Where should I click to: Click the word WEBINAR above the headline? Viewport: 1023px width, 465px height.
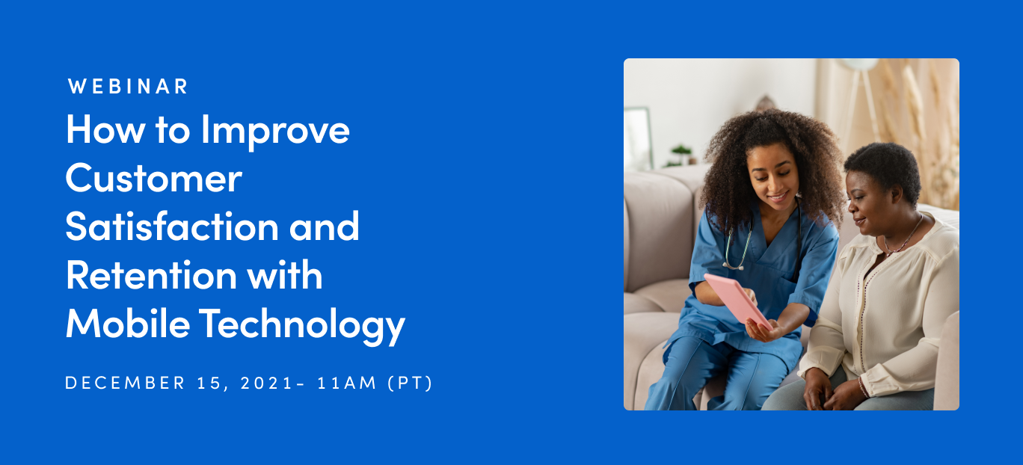[x=128, y=86]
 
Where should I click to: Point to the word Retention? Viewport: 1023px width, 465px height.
[x=151, y=274]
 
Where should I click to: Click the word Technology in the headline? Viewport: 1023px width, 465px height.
[x=302, y=325]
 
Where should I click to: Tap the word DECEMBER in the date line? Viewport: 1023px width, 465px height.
[x=125, y=383]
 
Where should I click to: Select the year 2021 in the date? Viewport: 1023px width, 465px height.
[x=266, y=383]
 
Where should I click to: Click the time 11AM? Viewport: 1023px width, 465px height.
[x=347, y=383]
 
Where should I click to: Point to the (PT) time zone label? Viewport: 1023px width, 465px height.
[x=410, y=383]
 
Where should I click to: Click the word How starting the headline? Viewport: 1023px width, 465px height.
[x=105, y=130]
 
